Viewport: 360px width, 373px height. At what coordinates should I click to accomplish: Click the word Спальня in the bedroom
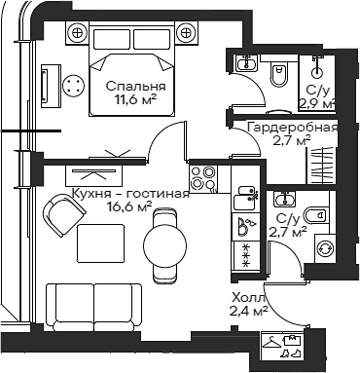(x=135, y=86)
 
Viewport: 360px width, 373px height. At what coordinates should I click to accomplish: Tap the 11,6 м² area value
(x=135, y=99)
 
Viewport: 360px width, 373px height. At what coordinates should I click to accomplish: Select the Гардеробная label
(x=292, y=128)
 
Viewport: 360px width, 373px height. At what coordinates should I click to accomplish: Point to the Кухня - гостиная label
(x=129, y=193)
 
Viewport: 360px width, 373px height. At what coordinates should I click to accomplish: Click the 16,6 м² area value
(x=128, y=206)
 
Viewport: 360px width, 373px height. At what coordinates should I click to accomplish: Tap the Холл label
(x=248, y=298)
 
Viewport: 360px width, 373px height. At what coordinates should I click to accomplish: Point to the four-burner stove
(x=203, y=178)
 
